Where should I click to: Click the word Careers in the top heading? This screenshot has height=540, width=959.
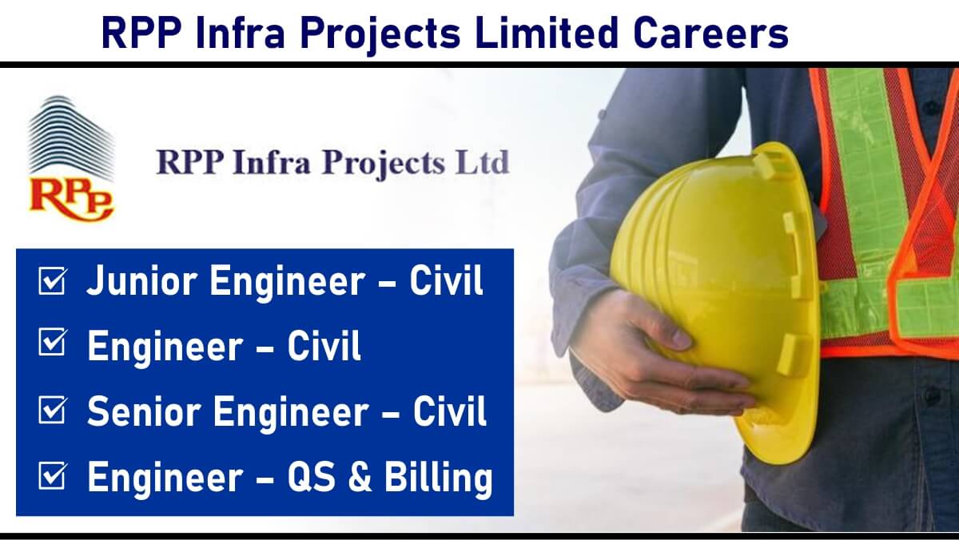tap(710, 33)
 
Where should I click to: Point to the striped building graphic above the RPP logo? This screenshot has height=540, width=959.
tap(71, 137)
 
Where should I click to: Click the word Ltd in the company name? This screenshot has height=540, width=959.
tap(483, 162)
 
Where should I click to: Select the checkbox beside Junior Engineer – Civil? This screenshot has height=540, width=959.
tap(53, 280)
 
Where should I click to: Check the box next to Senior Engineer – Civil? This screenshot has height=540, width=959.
tap(53, 410)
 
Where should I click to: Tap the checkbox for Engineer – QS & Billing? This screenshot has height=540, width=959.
tap(53, 475)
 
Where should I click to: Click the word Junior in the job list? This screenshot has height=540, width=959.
tap(141, 280)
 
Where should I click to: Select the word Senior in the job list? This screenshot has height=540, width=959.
tap(144, 411)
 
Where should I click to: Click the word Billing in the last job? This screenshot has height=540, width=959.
tap(439, 478)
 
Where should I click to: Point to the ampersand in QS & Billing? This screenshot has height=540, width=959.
tap(360, 477)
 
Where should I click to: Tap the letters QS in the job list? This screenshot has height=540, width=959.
tap(312, 477)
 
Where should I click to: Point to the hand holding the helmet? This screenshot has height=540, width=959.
tap(659, 355)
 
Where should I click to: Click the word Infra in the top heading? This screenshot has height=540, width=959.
tap(241, 33)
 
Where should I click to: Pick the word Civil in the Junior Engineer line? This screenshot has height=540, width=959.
tap(447, 280)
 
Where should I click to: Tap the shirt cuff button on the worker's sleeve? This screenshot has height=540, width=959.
tap(603, 115)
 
